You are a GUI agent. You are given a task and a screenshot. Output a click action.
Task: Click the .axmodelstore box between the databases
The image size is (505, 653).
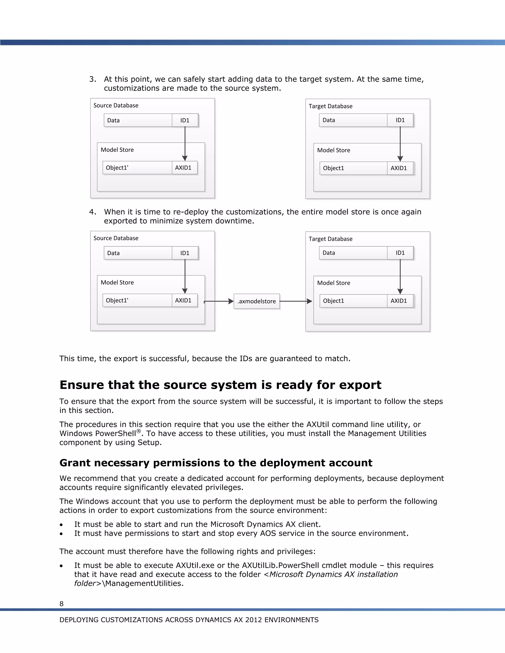tap(257, 301)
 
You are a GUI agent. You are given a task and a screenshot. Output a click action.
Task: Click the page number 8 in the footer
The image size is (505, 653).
tap(61, 604)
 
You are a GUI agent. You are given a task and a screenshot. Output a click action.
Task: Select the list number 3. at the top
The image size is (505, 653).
tap(93, 79)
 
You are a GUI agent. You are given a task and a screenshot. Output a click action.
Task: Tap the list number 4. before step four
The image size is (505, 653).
tap(93, 212)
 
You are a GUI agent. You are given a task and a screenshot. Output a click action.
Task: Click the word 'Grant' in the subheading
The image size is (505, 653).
tap(74, 463)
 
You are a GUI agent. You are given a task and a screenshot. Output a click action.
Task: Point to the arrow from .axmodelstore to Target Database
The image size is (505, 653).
tap(296, 301)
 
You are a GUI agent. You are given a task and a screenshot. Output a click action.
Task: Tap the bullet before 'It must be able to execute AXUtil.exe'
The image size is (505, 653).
tap(61, 566)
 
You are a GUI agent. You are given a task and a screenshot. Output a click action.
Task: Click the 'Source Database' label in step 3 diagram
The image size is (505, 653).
tap(116, 105)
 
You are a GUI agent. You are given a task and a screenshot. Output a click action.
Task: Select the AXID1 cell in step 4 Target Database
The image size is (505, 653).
tap(399, 301)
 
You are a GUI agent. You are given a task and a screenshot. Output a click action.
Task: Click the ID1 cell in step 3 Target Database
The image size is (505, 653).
tap(400, 120)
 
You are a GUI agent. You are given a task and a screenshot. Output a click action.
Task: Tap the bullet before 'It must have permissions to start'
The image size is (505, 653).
tap(61, 534)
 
